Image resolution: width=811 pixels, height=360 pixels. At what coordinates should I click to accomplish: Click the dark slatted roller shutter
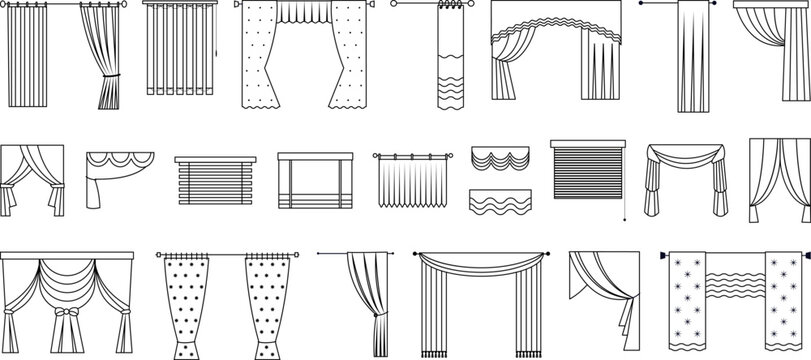[x=586, y=175]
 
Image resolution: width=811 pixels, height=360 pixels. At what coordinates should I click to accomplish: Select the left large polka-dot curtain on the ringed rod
[x=191, y=305]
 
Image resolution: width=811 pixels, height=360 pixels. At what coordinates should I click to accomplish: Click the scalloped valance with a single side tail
[x=118, y=170]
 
